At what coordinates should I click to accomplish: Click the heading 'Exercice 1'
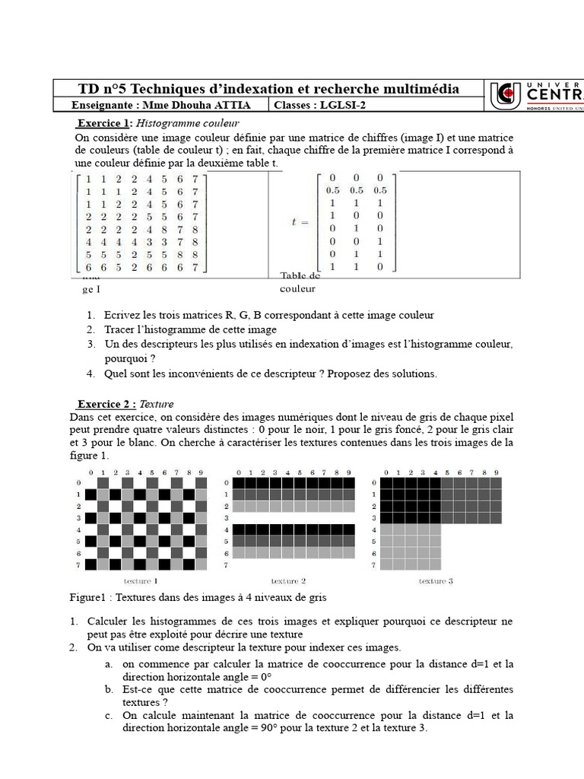click(x=105, y=123)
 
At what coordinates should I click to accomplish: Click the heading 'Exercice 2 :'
click(x=106, y=404)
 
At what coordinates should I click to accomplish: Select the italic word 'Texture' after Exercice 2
click(x=157, y=404)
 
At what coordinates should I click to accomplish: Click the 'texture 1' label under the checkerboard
click(x=141, y=580)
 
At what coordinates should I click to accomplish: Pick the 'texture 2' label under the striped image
click(x=288, y=580)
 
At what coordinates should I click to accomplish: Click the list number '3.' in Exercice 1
click(x=90, y=345)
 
